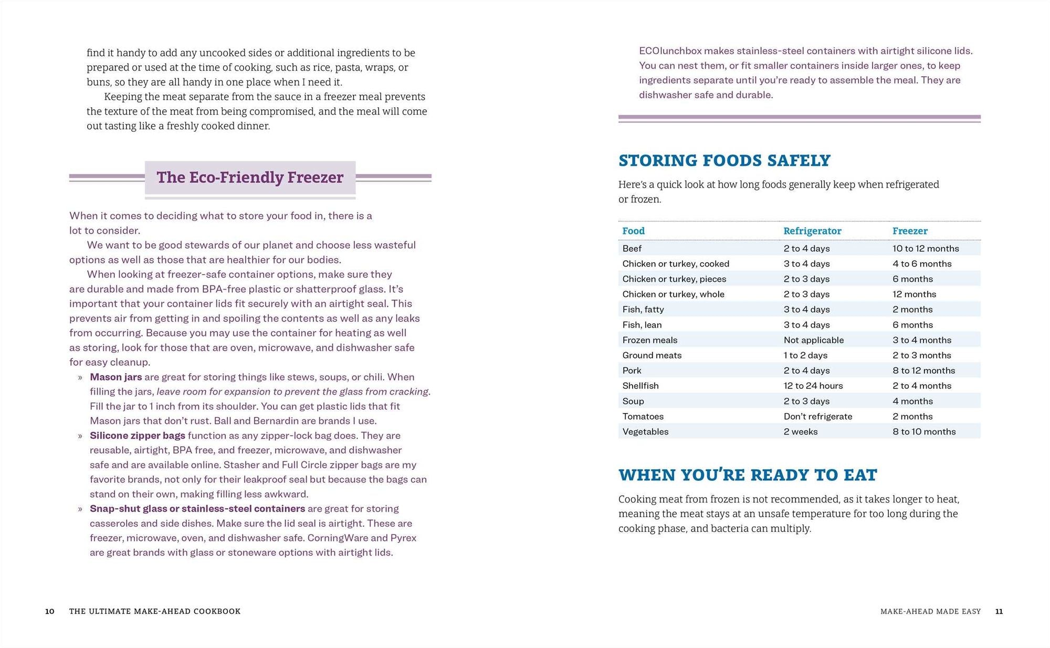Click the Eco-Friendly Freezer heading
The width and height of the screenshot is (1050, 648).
click(x=250, y=178)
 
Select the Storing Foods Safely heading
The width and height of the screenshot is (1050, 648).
click(x=724, y=161)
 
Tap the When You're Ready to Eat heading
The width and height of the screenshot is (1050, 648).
click(x=748, y=475)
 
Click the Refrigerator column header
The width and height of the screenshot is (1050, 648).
click(x=812, y=231)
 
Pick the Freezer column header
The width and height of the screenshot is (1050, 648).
click(x=910, y=231)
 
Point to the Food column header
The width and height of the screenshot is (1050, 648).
click(x=633, y=231)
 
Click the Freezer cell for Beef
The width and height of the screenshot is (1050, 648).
click(x=926, y=249)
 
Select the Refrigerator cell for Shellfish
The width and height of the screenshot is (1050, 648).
click(x=813, y=386)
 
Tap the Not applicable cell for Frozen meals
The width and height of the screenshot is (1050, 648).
click(x=814, y=340)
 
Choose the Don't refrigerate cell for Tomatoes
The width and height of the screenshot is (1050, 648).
click(x=818, y=416)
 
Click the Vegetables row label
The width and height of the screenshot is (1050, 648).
click(x=645, y=431)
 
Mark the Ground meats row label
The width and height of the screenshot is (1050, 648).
click(x=652, y=355)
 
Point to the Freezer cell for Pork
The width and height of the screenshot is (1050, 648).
click(x=923, y=371)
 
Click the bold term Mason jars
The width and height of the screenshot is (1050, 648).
click(x=115, y=377)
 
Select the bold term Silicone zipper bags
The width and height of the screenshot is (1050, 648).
click(x=137, y=436)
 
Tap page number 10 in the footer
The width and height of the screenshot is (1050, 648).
click(x=50, y=611)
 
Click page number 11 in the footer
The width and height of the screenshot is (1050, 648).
click(x=999, y=611)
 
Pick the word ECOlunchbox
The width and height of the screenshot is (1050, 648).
click(x=670, y=51)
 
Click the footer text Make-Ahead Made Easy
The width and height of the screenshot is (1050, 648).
click(x=930, y=611)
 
